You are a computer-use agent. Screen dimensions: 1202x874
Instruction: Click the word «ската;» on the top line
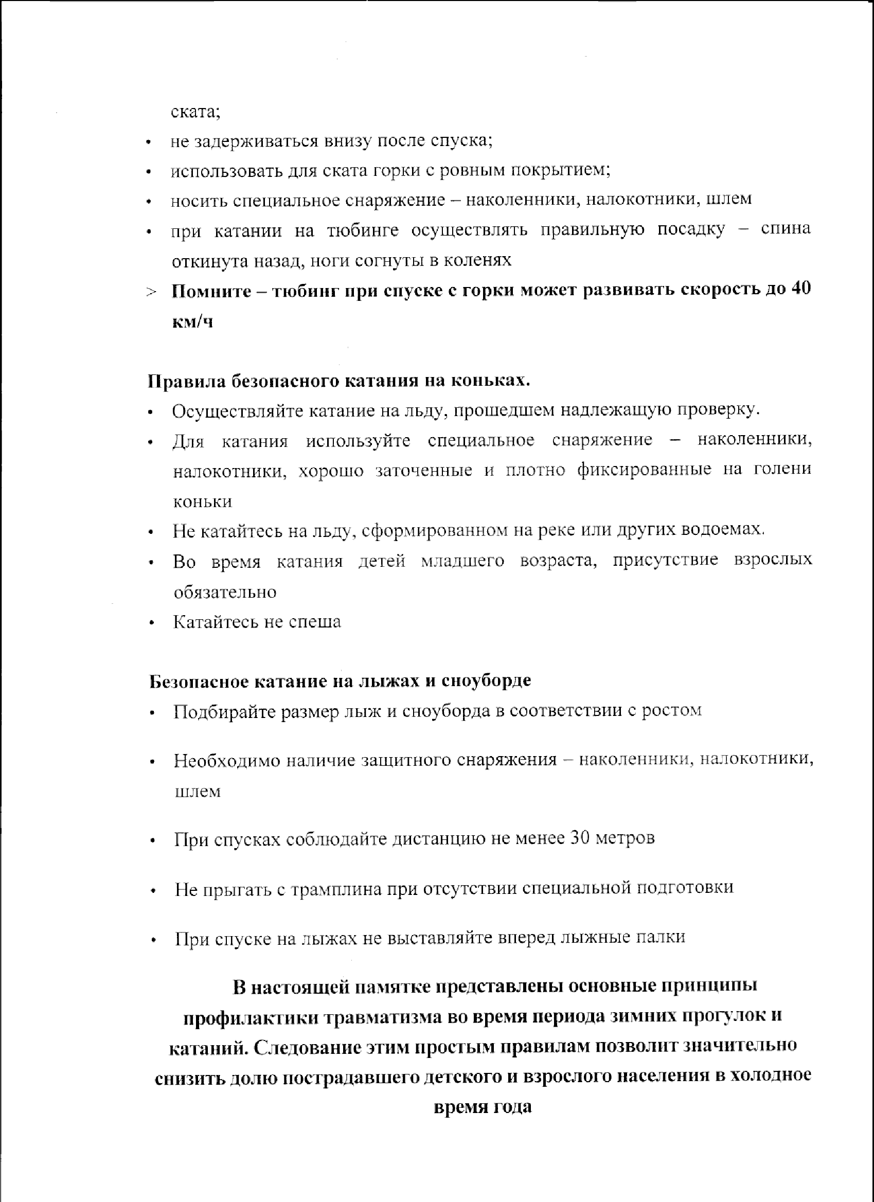(195, 112)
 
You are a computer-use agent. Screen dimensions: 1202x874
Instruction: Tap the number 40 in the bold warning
(800, 290)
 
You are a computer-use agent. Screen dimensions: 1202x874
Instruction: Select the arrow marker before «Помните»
(152, 292)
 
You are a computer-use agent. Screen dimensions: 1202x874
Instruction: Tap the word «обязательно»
(225, 592)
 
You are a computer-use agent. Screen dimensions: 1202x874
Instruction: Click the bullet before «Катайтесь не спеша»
(152, 623)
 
